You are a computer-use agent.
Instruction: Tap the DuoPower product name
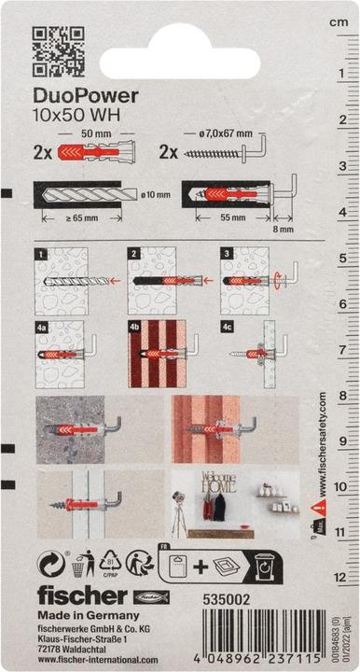coord(86,94)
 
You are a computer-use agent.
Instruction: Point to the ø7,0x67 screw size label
coord(217,134)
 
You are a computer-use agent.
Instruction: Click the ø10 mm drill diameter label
coord(159,194)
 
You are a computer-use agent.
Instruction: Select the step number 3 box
coord(227,253)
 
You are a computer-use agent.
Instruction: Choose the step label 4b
coord(134,327)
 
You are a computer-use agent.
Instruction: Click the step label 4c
coord(228,327)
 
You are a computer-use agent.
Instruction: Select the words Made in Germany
coord(89,616)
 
